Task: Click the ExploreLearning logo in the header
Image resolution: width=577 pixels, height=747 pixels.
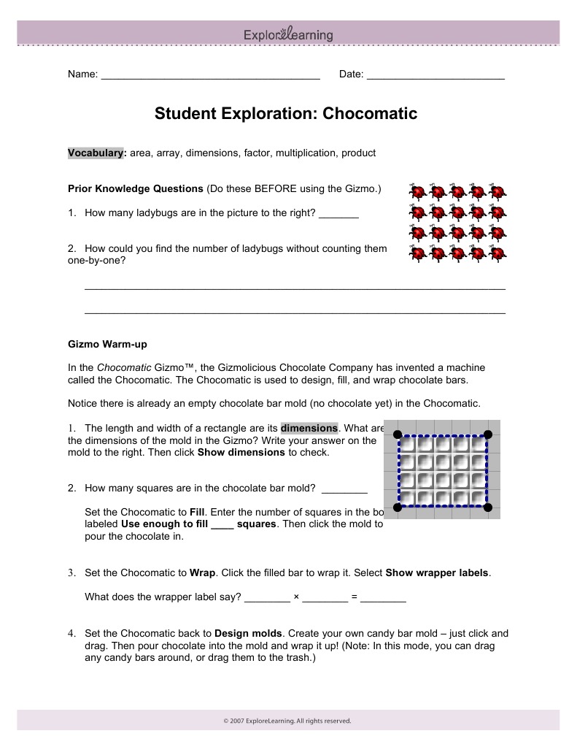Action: [288, 34]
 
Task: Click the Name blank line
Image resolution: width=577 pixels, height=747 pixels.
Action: [210, 75]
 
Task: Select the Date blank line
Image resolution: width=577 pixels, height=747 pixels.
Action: [435, 75]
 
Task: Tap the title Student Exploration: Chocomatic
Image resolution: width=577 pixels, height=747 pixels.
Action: [286, 114]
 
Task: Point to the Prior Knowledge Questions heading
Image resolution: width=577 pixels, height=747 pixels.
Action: [135, 188]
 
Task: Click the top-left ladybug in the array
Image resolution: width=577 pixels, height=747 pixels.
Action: [417, 192]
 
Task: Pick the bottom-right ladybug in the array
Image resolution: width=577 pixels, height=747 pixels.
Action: [497, 254]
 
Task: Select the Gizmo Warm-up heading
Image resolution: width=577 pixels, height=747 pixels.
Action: [107, 343]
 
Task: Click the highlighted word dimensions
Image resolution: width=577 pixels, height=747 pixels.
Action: [309, 428]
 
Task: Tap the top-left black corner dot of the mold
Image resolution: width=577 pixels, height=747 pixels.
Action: [398, 434]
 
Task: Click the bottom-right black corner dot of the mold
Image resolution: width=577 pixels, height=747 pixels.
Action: [488, 507]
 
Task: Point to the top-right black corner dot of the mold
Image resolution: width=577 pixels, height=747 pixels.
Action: [488, 434]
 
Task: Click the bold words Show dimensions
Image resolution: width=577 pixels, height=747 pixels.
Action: [241, 452]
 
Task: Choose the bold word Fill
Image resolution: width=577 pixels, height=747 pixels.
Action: [198, 512]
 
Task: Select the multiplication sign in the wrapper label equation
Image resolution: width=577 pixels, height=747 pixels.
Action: [296, 597]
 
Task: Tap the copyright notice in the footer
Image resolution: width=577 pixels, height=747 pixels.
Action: [287, 721]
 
